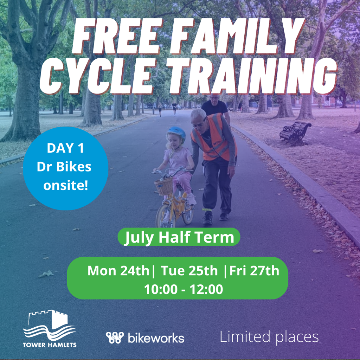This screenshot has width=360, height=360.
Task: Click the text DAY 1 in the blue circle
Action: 65,148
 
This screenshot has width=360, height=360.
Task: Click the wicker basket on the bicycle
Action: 164,186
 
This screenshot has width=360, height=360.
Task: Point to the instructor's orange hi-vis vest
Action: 213,138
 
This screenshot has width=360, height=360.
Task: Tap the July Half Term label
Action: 179,237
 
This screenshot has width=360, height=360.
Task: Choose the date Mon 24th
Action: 118,271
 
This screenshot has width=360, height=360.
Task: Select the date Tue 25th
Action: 189,271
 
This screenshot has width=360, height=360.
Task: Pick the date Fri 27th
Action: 254,271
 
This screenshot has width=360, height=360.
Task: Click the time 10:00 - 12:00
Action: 184,289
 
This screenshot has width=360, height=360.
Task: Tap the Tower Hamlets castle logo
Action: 50,328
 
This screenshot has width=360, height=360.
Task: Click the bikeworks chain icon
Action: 115,338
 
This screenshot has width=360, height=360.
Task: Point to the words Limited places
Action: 269,337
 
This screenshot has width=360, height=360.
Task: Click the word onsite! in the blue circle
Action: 66,186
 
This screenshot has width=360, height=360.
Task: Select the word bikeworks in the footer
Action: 156,338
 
